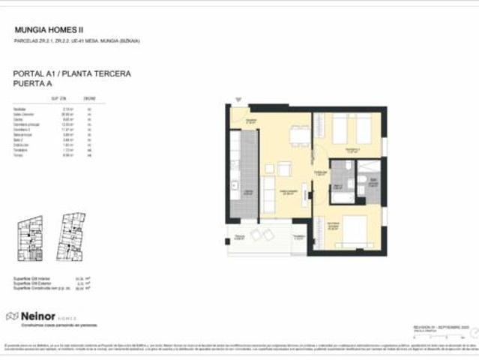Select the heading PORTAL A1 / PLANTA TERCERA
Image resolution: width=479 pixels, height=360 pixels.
73,73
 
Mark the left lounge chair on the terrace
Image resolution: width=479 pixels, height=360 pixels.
256,235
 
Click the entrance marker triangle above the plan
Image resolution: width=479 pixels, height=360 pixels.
238,99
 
